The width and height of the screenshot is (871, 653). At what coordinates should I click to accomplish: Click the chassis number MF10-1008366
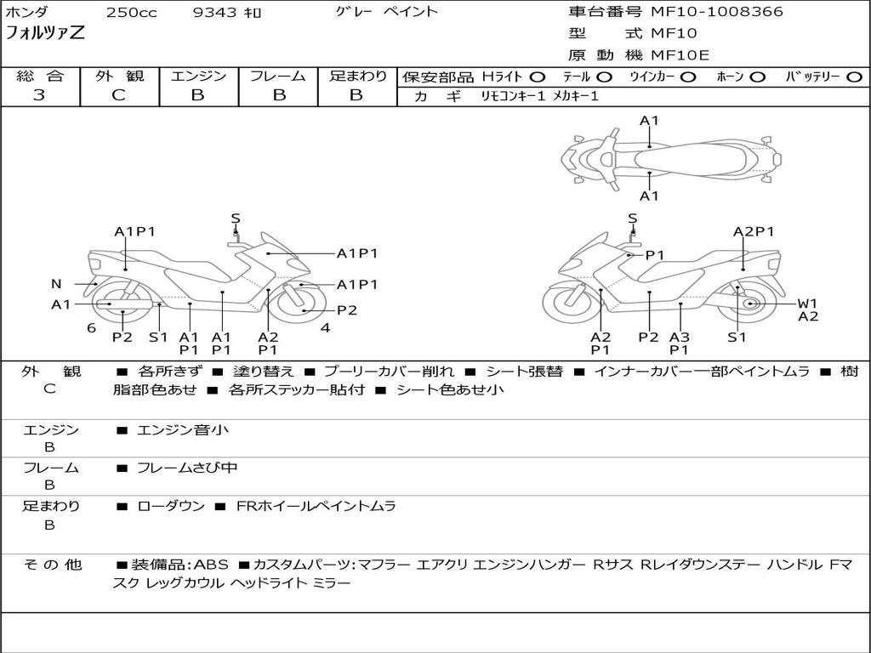click(717, 12)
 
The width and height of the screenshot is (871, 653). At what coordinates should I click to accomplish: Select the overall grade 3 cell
click(39, 95)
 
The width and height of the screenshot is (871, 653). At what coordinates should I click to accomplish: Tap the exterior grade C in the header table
click(118, 95)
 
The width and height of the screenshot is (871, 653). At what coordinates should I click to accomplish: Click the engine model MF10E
click(680, 55)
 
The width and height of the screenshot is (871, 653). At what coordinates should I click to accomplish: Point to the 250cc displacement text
click(131, 13)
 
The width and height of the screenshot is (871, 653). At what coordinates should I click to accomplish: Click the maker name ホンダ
click(27, 13)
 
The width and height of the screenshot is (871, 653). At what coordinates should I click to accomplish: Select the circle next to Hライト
click(538, 77)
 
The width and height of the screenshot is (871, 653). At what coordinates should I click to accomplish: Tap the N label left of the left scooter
click(56, 284)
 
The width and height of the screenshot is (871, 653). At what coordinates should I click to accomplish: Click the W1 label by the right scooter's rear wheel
click(807, 303)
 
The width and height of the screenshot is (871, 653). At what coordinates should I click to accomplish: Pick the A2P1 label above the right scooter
click(754, 231)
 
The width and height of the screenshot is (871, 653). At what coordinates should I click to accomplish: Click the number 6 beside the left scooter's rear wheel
click(91, 327)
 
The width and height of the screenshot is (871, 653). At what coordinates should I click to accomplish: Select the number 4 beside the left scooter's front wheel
click(325, 327)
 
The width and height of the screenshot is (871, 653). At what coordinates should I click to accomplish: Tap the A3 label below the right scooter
click(679, 337)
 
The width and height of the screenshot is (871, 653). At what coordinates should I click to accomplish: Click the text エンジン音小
click(183, 430)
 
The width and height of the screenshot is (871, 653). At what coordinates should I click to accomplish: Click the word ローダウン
click(171, 506)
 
